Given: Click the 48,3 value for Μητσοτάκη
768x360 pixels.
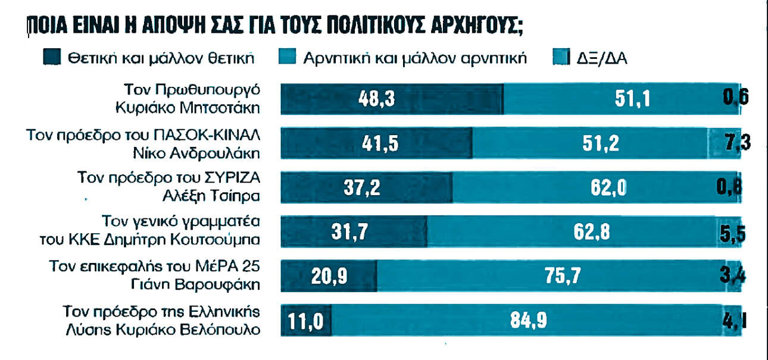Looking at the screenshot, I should (383, 98).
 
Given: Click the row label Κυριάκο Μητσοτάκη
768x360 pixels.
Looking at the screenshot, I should (188, 108).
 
